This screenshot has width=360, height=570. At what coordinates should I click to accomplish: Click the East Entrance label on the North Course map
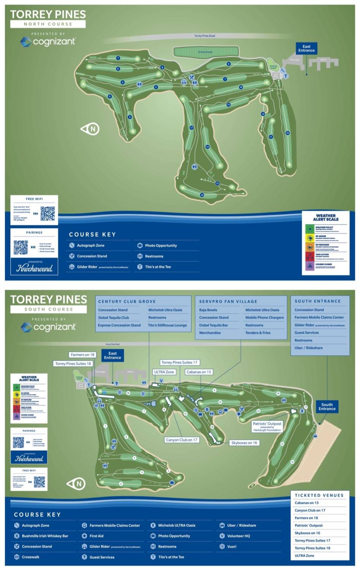click(x=306, y=48)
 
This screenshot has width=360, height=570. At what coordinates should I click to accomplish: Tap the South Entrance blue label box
click(x=327, y=407)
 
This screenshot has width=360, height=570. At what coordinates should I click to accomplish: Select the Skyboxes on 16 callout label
click(x=244, y=443)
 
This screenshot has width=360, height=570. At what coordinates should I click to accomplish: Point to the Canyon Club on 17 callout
click(x=182, y=440)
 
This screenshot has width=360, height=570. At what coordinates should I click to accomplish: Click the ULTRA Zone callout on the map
click(x=164, y=372)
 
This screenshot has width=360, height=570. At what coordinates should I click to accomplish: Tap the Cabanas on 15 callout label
click(x=199, y=372)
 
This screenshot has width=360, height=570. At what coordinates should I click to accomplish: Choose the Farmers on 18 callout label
click(x=82, y=355)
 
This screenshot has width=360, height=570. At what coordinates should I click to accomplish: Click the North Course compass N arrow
click(x=90, y=129)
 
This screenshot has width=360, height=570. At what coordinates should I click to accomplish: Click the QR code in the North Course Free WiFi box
click(x=47, y=214)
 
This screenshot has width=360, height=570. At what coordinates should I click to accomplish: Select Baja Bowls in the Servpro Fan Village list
click(x=208, y=310)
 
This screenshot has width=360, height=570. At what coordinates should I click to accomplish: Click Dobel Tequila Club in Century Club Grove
click(x=114, y=318)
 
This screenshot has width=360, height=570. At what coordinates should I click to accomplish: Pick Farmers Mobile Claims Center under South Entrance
click(x=319, y=317)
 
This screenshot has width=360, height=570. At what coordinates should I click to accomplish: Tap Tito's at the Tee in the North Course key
click(x=158, y=267)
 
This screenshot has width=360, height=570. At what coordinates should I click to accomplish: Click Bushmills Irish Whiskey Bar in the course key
click(x=45, y=536)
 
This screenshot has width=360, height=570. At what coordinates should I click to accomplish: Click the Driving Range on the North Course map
click(x=205, y=52)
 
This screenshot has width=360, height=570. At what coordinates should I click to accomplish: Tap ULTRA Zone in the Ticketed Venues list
click(x=305, y=556)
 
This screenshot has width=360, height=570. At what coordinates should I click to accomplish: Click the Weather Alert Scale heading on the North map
click(x=325, y=217)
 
